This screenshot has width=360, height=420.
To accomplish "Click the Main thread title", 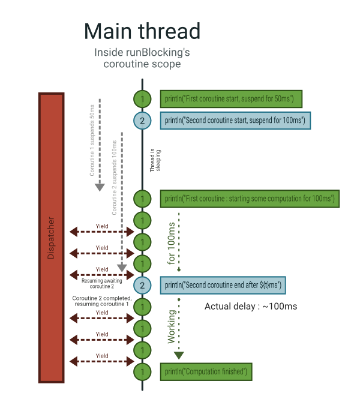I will [x=142, y=31].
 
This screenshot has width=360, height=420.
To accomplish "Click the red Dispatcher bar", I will [x=51, y=238].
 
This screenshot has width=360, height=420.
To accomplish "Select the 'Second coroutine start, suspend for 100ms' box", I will [x=235, y=120].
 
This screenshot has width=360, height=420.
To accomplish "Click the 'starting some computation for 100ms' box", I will [x=250, y=198].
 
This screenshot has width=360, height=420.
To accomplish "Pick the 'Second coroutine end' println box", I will [x=223, y=285].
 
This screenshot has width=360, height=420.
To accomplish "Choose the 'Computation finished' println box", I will [x=206, y=372].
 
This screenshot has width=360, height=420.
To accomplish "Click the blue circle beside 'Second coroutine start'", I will [x=142, y=121].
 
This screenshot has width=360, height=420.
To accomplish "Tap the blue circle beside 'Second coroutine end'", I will [x=142, y=285].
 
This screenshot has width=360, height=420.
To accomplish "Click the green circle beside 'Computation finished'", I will [x=142, y=372].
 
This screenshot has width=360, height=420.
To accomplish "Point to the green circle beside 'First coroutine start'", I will [x=142, y=98].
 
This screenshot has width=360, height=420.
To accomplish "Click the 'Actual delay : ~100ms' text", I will [x=251, y=307].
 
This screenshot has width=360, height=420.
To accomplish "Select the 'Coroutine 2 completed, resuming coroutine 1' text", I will [x=101, y=301].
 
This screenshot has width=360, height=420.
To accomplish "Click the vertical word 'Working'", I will [x=172, y=326].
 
